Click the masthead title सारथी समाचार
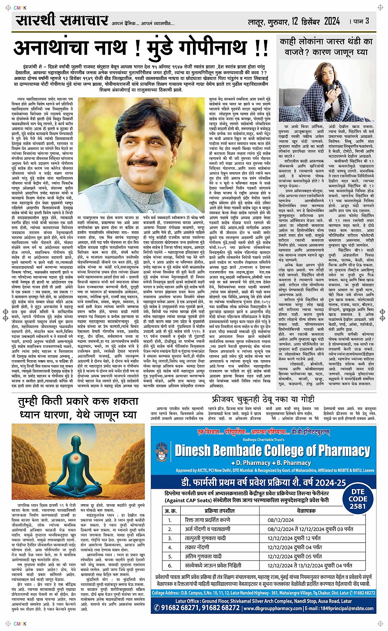(x=62, y=20)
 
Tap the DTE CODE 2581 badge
(x=358, y=498)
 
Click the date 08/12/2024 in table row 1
(x=281, y=520)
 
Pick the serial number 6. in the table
(x=170, y=565)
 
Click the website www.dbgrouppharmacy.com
(x=277, y=608)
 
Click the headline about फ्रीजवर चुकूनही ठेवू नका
(x=263, y=399)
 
